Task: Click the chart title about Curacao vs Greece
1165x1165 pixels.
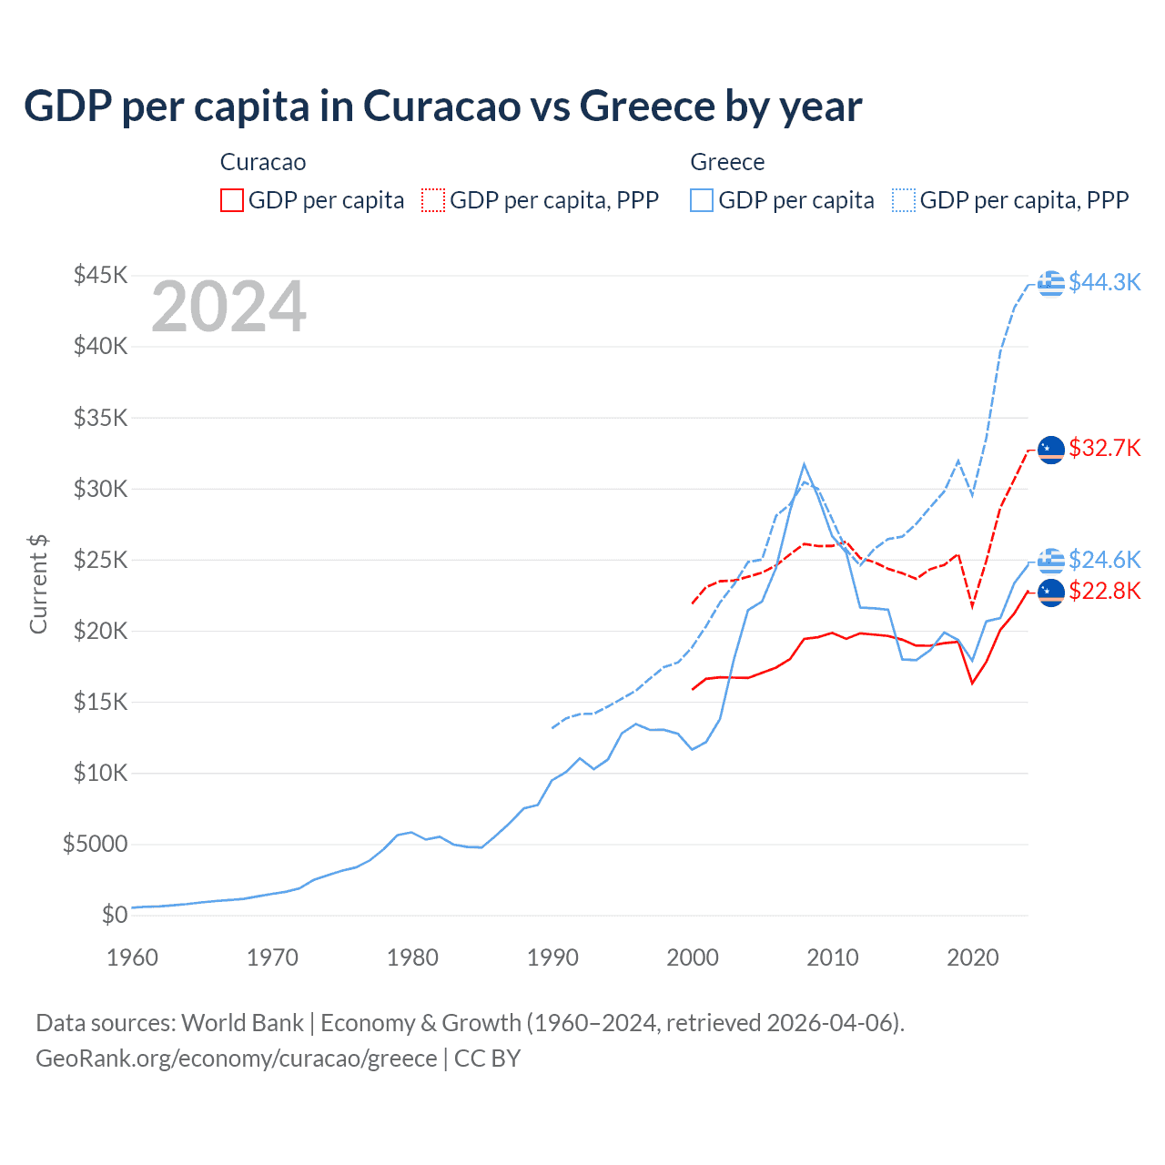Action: pyautogui.click(x=442, y=106)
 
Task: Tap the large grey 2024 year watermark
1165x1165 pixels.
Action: pyautogui.click(x=228, y=308)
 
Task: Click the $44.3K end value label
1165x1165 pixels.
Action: pyautogui.click(x=1104, y=282)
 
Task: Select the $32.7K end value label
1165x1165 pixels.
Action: pyautogui.click(x=1104, y=448)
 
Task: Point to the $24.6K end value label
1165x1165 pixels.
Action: pyautogui.click(x=1104, y=559)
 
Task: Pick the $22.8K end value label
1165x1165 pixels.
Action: pyautogui.click(x=1104, y=592)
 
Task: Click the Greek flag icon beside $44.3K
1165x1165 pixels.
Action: pyautogui.click(x=1051, y=283)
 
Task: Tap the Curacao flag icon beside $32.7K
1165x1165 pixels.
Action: pyautogui.click(x=1051, y=450)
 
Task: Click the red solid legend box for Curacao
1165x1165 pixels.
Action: pyautogui.click(x=232, y=200)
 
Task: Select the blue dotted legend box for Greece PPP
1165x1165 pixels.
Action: pyautogui.click(x=904, y=200)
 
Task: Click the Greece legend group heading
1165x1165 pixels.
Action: pyautogui.click(x=727, y=162)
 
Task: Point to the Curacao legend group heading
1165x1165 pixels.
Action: pyautogui.click(x=263, y=162)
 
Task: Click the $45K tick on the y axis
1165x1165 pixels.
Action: pyautogui.click(x=100, y=275)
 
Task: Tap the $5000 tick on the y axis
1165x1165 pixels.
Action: pyautogui.click(x=95, y=845)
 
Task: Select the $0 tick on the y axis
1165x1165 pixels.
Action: pyautogui.click(x=114, y=916)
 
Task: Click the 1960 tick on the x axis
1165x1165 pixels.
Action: pyautogui.click(x=133, y=957)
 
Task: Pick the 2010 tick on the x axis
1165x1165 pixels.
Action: pyautogui.click(x=833, y=957)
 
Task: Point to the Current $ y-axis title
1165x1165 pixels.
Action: pyautogui.click(x=38, y=584)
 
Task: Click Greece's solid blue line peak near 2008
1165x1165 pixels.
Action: pyautogui.click(x=804, y=464)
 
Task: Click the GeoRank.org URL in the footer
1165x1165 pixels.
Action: pyautogui.click(x=237, y=1059)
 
